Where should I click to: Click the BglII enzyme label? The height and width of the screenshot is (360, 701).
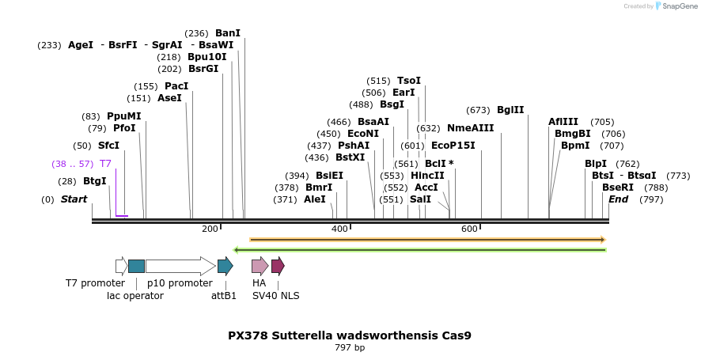tap(510, 110)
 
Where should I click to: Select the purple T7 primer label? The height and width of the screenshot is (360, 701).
tap(105, 163)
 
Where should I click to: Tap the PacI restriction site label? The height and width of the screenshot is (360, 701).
tap(176, 85)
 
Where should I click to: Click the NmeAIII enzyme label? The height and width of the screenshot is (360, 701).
tap(470, 127)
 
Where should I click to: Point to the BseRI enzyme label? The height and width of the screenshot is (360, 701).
tap(618, 188)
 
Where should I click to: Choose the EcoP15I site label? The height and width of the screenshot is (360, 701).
tap(453, 146)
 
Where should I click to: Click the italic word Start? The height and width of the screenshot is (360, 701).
tap(74, 199)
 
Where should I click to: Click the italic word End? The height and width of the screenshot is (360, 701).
tap(619, 199)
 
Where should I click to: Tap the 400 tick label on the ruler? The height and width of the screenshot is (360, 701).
tap(339, 229)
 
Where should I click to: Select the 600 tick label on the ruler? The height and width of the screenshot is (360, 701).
tap(469, 229)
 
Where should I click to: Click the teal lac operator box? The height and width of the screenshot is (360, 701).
tap(136, 266)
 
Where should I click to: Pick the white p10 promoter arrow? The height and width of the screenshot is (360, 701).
tap(180, 266)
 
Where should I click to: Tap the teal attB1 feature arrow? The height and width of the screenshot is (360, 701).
tap(225, 266)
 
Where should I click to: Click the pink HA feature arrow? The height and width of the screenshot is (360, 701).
tap(260, 266)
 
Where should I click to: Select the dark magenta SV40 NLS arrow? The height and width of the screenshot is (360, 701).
tap(278, 266)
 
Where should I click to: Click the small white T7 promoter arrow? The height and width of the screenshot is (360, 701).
tap(121, 266)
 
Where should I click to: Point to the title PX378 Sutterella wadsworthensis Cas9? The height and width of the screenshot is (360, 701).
tap(350, 335)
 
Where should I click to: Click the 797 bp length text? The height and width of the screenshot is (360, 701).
tap(350, 347)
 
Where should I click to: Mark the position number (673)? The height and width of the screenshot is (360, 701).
tap(478, 110)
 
